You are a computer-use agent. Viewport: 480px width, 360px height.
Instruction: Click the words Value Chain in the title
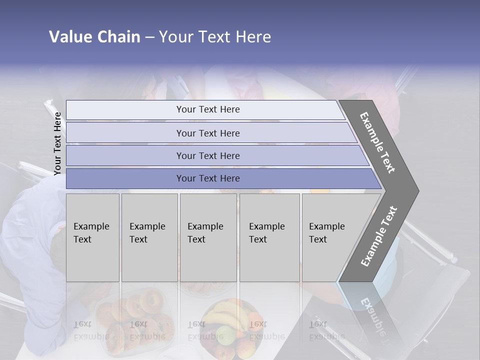tap(94, 37)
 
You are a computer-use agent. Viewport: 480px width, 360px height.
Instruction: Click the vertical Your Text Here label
tap(57, 143)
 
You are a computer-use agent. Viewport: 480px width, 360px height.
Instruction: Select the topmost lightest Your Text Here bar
tap(208, 109)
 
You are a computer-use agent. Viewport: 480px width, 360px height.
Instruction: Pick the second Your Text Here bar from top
tap(208, 133)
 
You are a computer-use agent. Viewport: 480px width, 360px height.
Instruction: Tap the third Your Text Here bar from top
tap(208, 155)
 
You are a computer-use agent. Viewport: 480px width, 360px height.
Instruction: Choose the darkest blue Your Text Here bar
tap(208, 178)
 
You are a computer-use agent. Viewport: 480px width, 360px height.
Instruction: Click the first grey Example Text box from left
tap(92, 237)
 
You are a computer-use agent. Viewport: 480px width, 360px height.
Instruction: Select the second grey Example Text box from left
tap(149, 237)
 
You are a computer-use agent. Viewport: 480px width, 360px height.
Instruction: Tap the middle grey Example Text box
tap(208, 237)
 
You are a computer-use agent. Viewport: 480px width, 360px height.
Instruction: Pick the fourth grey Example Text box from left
tap(269, 237)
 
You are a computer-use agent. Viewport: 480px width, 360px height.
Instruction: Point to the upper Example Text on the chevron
tap(377, 142)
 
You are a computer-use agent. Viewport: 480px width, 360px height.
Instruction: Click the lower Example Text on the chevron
tap(378, 236)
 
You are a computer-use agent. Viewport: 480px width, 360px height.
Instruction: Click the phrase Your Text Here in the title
tap(215, 37)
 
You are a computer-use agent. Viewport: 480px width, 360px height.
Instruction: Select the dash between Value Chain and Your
tap(149, 37)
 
